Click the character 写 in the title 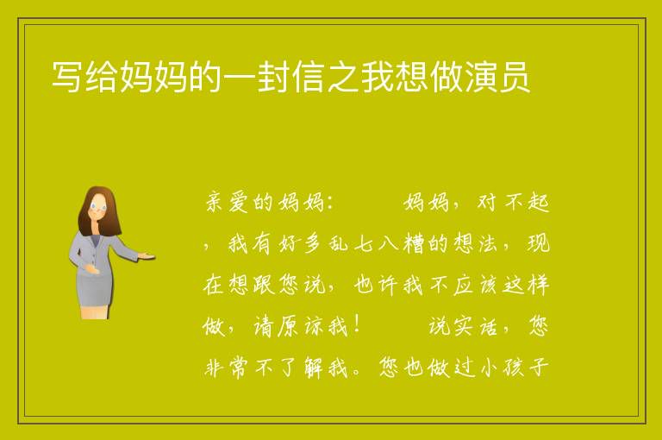pos(66,77)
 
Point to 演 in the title pos(482,77)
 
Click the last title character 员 pos(515,77)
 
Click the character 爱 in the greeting pos(239,202)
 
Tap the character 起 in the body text pos(538,202)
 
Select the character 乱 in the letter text pos(338,243)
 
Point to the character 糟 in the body pos(413,243)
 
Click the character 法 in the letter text pos(488,243)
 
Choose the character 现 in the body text pos(539,243)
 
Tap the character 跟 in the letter pos(264,285)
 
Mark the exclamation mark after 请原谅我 pos(358,325)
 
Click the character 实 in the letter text pos(464,326)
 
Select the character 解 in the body pos(314,368)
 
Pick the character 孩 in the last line pos(513,368)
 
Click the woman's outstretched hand pos(147,255)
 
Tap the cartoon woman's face pos(99,207)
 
